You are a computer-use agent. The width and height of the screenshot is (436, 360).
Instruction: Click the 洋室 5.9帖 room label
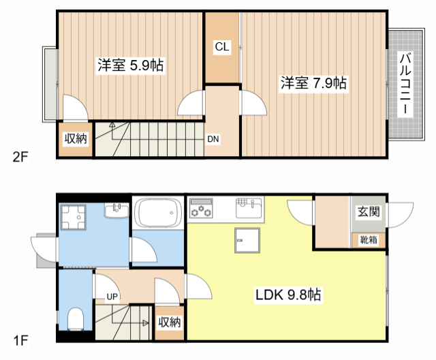[130, 65]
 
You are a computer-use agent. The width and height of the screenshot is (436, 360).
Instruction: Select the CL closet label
[222, 47]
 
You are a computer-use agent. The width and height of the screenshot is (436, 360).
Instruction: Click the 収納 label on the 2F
[76, 139]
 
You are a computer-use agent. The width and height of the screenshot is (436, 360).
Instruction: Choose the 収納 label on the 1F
[170, 322]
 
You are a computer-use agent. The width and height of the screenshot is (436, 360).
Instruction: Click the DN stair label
[213, 139]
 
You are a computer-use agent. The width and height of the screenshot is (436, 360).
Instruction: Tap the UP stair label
[112, 297]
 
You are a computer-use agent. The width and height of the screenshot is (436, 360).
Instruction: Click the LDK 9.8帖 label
[289, 295]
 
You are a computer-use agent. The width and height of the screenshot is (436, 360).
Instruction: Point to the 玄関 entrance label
[369, 212]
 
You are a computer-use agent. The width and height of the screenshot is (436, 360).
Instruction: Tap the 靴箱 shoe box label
[369, 239]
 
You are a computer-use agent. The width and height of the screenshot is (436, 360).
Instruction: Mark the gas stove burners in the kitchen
[202, 208]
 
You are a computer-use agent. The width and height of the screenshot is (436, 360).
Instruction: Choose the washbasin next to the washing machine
[116, 209]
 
